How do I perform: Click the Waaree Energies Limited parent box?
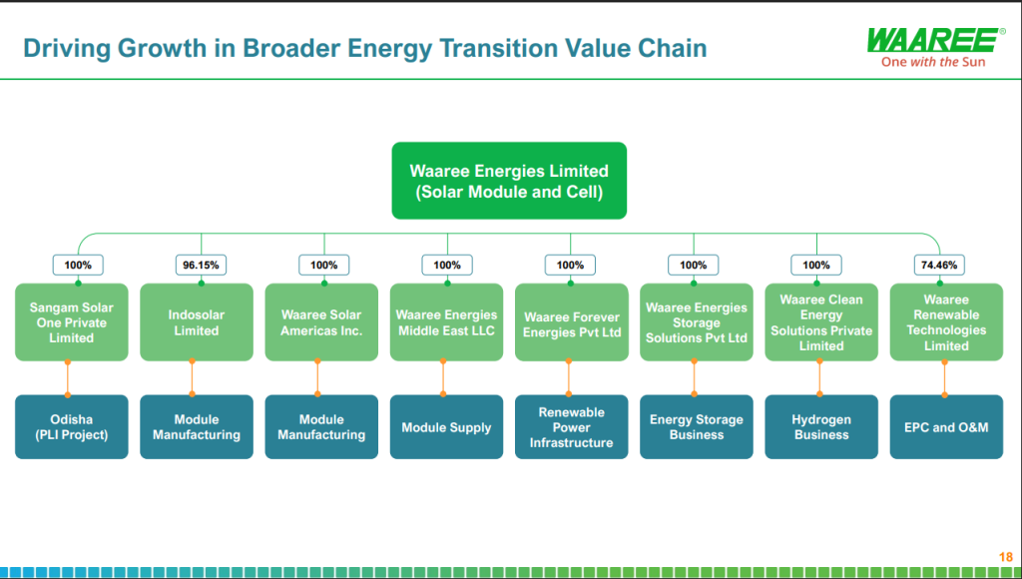(509, 181)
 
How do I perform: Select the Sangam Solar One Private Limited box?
(72, 321)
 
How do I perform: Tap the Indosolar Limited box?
(197, 321)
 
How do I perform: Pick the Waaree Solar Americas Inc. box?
(321, 321)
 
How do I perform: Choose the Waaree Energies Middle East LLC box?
(446, 321)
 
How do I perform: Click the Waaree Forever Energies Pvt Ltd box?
(571, 321)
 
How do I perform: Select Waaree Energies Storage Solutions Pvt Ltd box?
(696, 321)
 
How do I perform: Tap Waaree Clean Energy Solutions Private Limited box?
(820, 321)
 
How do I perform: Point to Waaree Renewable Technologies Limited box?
(945, 321)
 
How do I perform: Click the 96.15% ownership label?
(201, 265)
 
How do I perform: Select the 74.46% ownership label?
(939, 265)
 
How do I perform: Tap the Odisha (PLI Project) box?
(72, 427)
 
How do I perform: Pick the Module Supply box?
(446, 427)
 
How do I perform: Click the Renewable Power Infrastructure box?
(571, 427)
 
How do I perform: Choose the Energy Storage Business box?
(696, 427)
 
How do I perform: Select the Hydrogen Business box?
(820, 427)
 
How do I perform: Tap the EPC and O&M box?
(945, 427)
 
